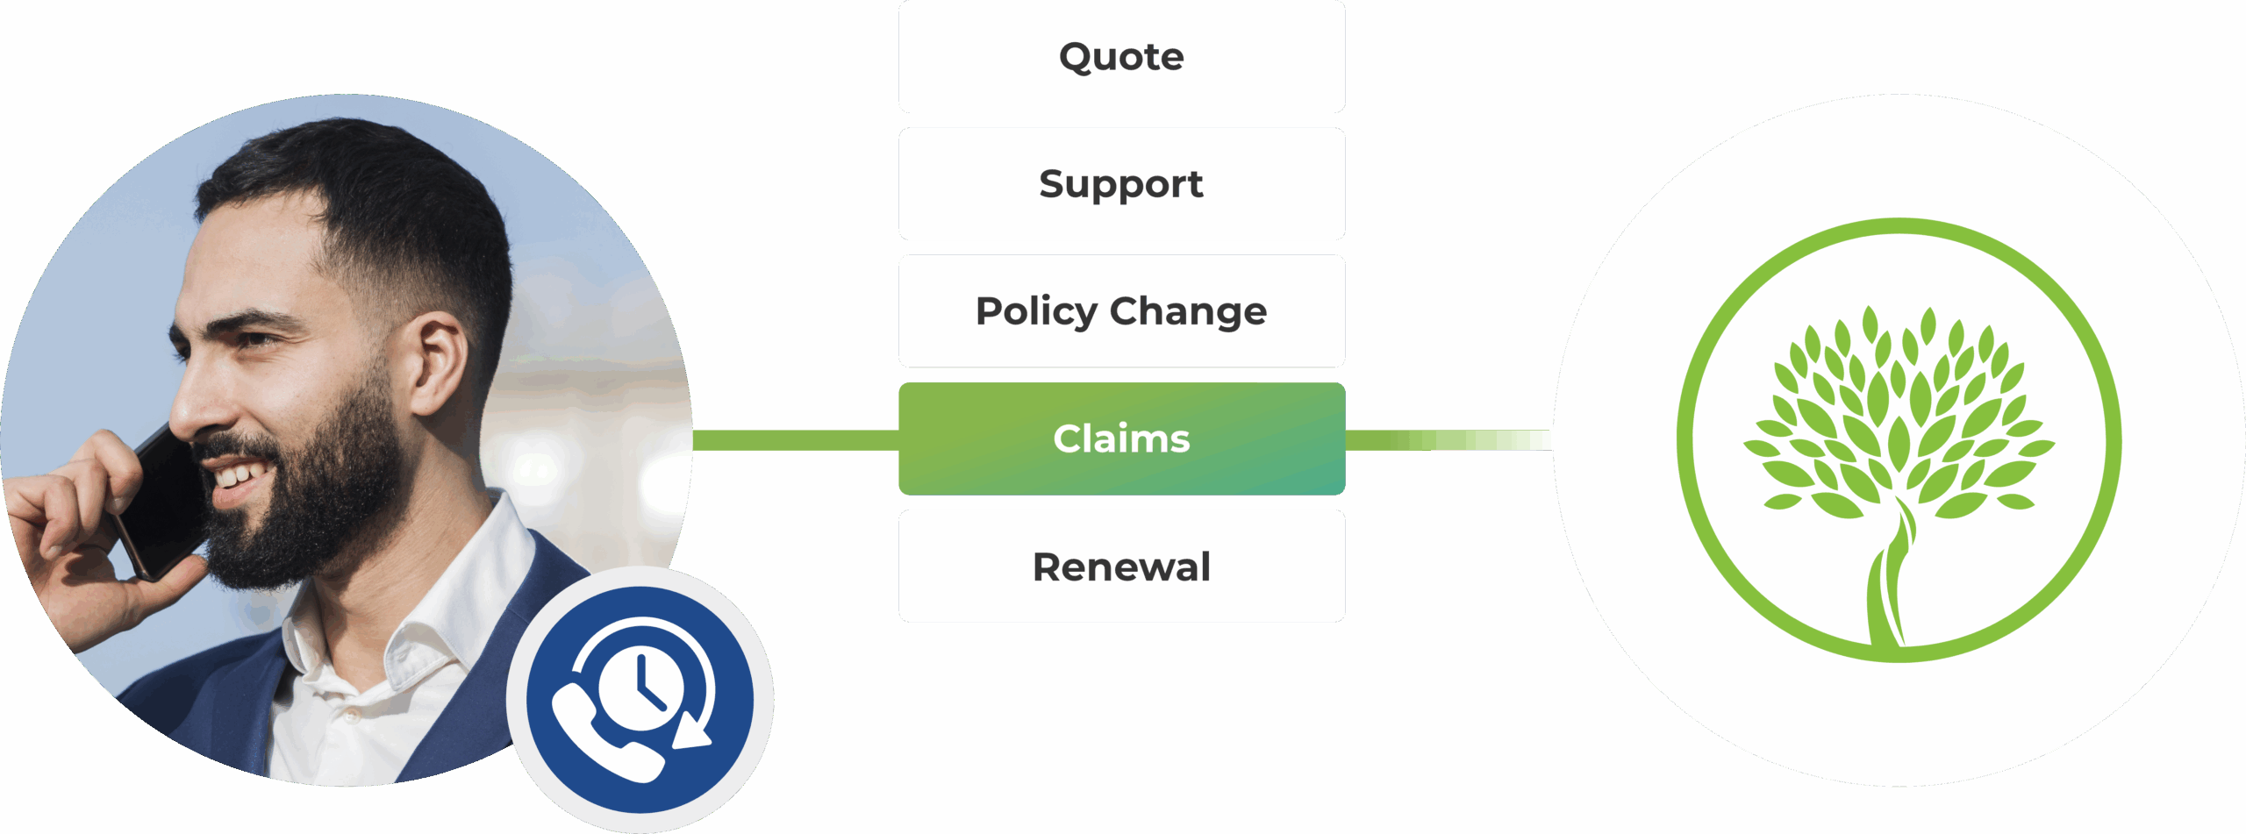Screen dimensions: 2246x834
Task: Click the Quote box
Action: coord(1121,57)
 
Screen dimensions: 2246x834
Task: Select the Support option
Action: coord(1121,184)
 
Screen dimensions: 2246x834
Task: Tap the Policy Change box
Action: coord(1121,311)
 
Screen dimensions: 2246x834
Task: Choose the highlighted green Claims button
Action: coord(1121,438)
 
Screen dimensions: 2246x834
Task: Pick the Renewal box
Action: coord(1121,567)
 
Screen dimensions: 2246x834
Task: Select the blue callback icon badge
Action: coord(640,700)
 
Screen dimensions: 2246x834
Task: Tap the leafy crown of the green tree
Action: coord(1899,412)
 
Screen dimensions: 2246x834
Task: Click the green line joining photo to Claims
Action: coord(796,440)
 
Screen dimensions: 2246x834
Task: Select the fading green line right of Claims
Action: coord(1448,440)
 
